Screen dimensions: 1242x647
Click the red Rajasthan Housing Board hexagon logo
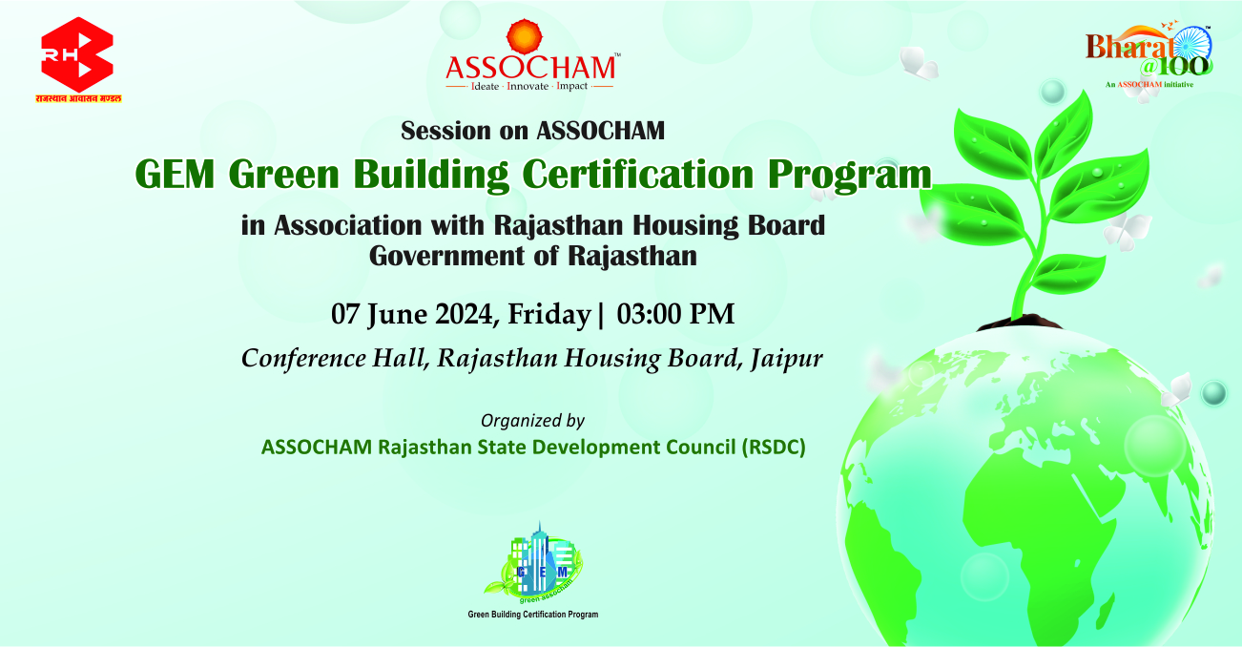(77, 54)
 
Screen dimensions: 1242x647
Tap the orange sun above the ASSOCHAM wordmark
(524, 37)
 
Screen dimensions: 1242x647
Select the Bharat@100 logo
(1149, 55)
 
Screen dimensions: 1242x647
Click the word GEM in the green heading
(175, 175)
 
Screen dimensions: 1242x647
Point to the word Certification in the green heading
(637, 175)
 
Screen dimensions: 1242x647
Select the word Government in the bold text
(446, 257)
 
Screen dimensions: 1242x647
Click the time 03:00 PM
(675, 314)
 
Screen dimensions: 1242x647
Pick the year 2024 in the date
(464, 314)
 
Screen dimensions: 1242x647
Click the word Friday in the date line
(549, 315)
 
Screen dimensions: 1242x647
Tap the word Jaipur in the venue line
(787, 359)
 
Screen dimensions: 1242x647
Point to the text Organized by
(532, 421)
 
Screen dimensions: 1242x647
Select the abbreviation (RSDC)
(774, 448)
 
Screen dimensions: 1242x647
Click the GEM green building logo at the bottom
(533, 563)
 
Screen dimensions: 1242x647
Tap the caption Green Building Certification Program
(533, 615)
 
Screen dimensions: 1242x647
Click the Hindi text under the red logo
(78, 99)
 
